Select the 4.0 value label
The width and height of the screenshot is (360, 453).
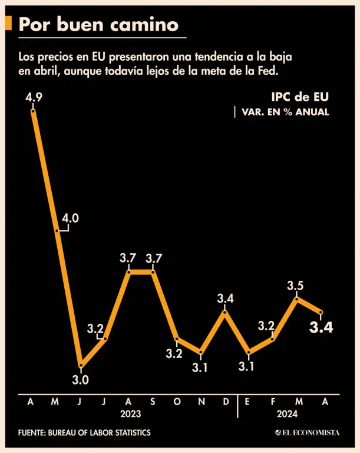pos(70,218)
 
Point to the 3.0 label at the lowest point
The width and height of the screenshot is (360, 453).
pos(81,380)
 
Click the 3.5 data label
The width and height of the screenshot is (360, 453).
pos(295,286)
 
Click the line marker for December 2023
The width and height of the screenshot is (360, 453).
pos(225,311)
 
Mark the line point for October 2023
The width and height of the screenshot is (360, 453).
pos(177,339)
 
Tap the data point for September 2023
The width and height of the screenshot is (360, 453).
pos(153,272)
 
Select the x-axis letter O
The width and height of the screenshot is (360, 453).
pos(177,402)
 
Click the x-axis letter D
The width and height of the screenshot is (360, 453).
pos(226,402)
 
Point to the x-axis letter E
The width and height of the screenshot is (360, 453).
pos(248,402)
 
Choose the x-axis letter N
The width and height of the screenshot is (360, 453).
pos(202,402)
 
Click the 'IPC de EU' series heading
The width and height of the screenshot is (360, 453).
pos(300,97)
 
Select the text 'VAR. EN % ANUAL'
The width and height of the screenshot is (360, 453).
pos(285,112)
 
